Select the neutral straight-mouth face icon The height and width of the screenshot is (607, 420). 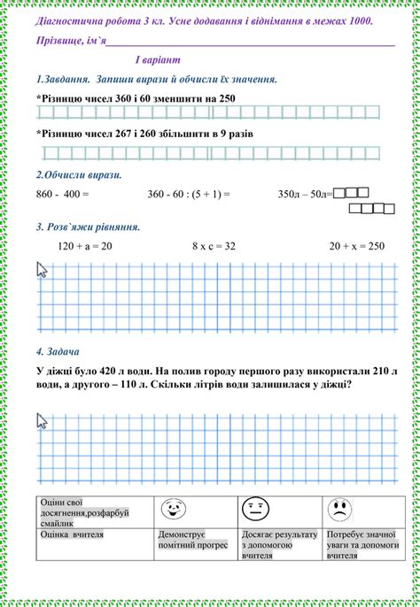[255, 510]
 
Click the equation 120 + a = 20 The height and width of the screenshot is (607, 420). [85, 245]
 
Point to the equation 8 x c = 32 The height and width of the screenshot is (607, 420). [214, 245]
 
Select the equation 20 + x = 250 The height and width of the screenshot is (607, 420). [356, 245]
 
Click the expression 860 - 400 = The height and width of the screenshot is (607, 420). [64, 192]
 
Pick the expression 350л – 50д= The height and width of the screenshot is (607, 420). [304, 192]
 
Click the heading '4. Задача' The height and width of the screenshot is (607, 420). [58, 350]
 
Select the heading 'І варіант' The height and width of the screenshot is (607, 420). [157, 59]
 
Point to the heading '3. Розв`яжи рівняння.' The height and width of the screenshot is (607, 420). [88, 227]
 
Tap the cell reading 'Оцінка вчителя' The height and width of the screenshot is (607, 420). [73, 534]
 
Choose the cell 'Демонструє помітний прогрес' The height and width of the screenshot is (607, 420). [182, 540]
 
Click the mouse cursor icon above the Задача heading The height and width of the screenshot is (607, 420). [41, 269]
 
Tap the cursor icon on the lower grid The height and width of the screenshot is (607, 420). [41, 420]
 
